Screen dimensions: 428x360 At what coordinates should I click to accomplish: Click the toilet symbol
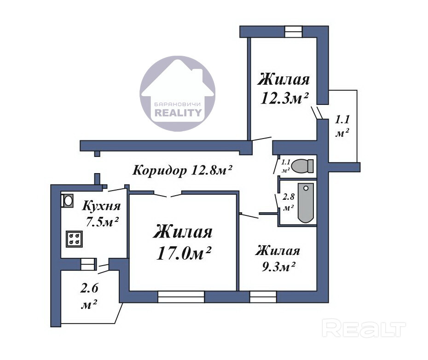(x=302, y=166)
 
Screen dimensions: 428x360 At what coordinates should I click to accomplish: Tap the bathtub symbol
(x=306, y=203)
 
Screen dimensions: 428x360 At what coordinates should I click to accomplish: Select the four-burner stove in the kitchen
(x=74, y=239)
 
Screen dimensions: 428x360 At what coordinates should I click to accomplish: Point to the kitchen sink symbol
(x=67, y=201)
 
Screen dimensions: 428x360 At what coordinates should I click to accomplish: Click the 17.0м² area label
(x=184, y=253)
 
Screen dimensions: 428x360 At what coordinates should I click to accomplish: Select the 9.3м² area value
(x=279, y=267)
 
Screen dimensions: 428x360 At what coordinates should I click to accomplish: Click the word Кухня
(x=101, y=206)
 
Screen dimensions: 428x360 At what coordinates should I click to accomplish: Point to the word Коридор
(x=160, y=171)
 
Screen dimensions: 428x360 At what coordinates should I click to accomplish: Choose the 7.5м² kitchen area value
(x=102, y=221)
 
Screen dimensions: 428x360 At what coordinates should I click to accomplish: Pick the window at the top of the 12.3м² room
(x=294, y=31)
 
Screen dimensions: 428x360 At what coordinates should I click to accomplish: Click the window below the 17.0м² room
(x=181, y=296)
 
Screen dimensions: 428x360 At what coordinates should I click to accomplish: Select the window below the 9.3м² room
(x=263, y=296)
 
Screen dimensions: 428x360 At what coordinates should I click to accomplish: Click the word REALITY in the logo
(x=178, y=112)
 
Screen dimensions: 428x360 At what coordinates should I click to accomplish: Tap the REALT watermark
(x=364, y=328)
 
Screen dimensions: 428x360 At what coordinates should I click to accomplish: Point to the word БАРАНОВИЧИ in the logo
(x=178, y=105)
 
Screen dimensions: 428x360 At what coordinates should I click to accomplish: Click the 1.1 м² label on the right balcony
(x=342, y=126)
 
